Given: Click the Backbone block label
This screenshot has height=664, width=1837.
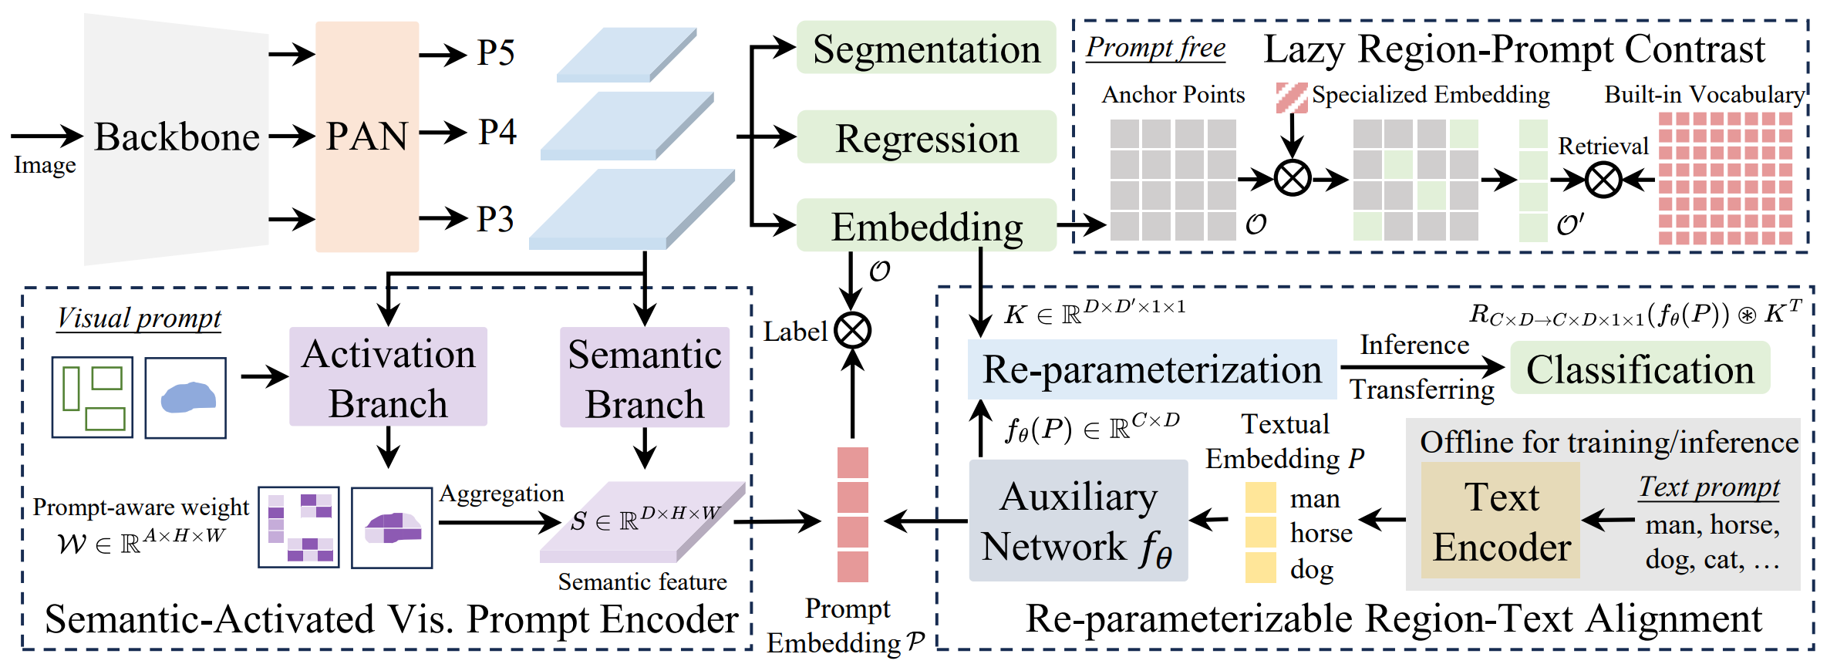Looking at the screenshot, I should (177, 137).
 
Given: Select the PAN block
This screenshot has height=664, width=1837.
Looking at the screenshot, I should (367, 137).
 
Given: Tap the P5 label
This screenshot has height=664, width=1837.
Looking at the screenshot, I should (495, 53).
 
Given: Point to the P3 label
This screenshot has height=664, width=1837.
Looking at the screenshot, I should (494, 219).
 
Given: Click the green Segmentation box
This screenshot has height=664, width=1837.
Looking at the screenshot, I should (926, 49).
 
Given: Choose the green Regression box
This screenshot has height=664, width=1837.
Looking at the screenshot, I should (926, 138).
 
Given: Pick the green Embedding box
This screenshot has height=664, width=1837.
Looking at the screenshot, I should (926, 226).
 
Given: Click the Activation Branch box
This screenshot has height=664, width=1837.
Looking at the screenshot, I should (388, 377).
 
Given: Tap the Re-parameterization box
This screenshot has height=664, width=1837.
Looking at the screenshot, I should (1152, 369).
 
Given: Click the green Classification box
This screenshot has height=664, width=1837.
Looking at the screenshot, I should (1640, 369).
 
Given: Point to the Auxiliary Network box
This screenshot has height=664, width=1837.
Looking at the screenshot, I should (1078, 521).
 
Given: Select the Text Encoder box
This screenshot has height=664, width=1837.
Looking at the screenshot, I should (1501, 521).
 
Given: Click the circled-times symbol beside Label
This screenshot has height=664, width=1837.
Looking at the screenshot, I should (852, 331).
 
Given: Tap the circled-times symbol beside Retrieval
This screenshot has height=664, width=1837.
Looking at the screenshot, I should (1603, 180).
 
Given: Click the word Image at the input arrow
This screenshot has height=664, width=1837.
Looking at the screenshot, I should (45, 165).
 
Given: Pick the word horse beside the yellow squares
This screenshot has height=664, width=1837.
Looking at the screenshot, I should (1321, 533).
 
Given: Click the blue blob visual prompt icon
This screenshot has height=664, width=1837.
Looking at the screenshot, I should (186, 397).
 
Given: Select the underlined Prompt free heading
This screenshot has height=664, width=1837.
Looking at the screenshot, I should (1155, 48).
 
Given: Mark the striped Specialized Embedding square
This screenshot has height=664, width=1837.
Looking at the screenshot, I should (1292, 98).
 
